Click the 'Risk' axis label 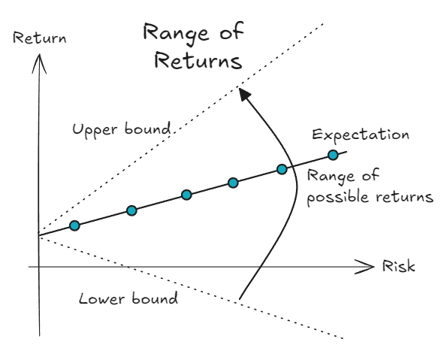coord(398,268)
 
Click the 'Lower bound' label coord(128,298)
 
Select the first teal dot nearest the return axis coord(74,225)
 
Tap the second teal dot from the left coord(131,210)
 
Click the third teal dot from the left coord(186,195)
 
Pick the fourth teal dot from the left coord(233,183)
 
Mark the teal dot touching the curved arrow coord(282,169)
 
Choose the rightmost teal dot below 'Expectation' coord(333,156)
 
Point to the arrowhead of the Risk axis coord(367,266)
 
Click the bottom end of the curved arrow coord(240,301)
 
